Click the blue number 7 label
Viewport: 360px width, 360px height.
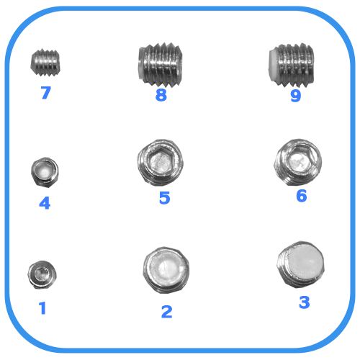point(46,93)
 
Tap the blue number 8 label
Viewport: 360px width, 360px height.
point(161,95)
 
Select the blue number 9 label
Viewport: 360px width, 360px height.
point(296,96)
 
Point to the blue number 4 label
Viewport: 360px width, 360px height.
point(45,203)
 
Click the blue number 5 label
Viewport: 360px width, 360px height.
point(165,198)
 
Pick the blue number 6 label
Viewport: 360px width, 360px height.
point(302,196)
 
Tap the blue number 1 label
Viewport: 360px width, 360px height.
point(42,308)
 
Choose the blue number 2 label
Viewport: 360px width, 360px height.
point(167,312)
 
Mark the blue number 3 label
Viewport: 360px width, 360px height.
point(305,302)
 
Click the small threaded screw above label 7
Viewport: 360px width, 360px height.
point(45,63)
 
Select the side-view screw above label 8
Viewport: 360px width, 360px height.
point(161,65)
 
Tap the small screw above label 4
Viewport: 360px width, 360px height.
point(45,172)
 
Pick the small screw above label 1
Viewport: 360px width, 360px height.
point(42,274)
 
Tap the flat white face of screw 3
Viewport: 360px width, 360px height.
point(305,262)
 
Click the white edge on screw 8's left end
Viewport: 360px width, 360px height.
point(141,64)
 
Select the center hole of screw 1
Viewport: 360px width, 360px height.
point(42,274)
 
